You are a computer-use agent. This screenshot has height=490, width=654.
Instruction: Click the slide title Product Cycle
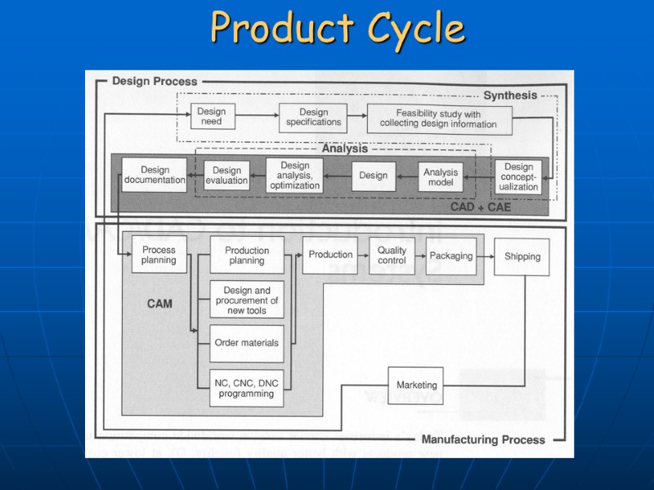(337, 29)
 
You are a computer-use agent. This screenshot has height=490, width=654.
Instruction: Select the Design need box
(211, 117)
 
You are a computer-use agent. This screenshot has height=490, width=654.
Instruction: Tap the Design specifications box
(313, 117)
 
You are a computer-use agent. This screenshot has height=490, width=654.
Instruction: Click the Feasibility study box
(438, 119)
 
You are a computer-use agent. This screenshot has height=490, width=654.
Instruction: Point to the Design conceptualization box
(519, 177)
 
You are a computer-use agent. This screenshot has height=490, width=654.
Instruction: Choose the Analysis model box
(441, 177)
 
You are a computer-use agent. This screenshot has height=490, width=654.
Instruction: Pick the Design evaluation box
(226, 176)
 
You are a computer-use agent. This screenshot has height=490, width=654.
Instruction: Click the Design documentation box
(155, 175)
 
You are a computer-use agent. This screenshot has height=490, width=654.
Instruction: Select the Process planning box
(159, 255)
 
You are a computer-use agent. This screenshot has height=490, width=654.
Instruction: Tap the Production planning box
(246, 255)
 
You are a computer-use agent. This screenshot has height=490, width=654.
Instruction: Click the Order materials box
(246, 343)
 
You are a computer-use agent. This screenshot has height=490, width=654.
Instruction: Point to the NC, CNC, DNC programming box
(246, 387)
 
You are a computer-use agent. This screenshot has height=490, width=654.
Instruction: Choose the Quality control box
(392, 255)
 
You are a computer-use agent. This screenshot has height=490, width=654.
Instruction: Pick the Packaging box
(451, 256)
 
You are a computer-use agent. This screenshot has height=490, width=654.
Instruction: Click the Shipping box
(522, 256)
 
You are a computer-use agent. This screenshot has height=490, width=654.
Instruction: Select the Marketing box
(416, 385)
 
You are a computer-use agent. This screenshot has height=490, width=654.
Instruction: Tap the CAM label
(159, 304)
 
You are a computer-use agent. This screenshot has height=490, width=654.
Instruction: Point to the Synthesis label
(510, 96)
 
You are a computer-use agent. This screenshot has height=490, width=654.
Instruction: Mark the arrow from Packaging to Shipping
(484, 256)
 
